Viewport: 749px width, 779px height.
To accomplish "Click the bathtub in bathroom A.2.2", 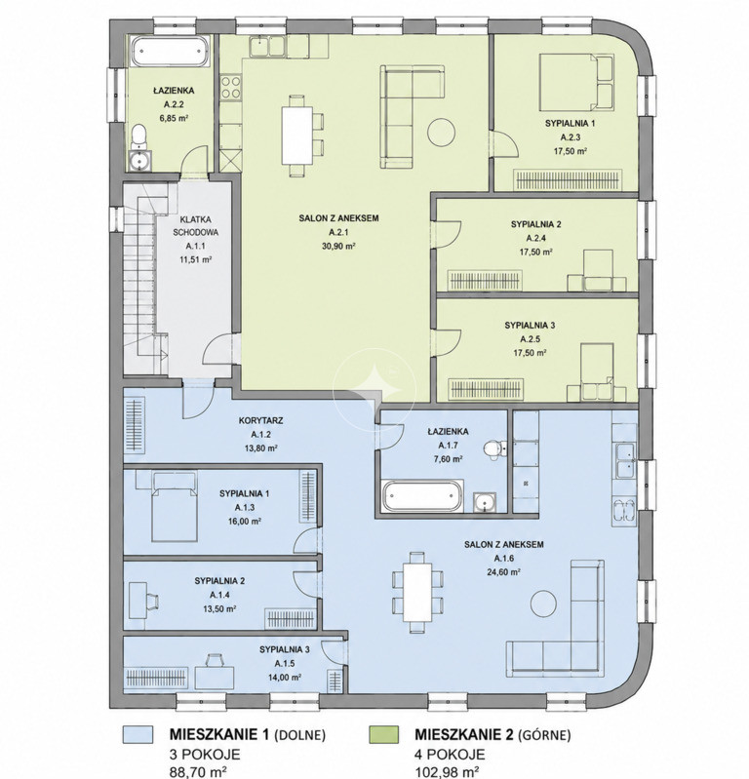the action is [x=170, y=51].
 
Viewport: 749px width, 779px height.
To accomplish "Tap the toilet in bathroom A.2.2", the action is [x=139, y=136].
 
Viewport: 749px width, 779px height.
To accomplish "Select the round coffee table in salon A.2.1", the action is [x=442, y=132].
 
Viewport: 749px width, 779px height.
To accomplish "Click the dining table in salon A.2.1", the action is [x=297, y=136].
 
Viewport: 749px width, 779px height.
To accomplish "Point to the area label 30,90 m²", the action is [x=338, y=246].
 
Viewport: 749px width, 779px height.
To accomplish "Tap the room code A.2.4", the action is [x=535, y=238].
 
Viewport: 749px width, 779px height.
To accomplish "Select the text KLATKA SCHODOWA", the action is [x=196, y=225].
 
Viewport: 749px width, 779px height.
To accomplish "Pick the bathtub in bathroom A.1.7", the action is [x=422, y=495].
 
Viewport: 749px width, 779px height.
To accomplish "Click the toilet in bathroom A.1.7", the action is [x=493, y=448].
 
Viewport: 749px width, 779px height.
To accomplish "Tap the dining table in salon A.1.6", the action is [x=417, y=593].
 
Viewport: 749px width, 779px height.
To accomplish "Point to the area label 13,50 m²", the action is [x=219, y=608].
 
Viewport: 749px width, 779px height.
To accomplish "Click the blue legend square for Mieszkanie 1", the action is [x=138, y=735].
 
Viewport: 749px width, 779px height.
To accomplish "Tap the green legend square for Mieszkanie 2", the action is [x=383, y=735].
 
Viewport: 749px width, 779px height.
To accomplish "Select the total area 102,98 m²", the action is [x=447, y=771].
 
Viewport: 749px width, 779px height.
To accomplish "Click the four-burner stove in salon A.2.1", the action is [x=230, y=87].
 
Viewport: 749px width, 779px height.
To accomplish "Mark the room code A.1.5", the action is [x=285, y=663].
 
